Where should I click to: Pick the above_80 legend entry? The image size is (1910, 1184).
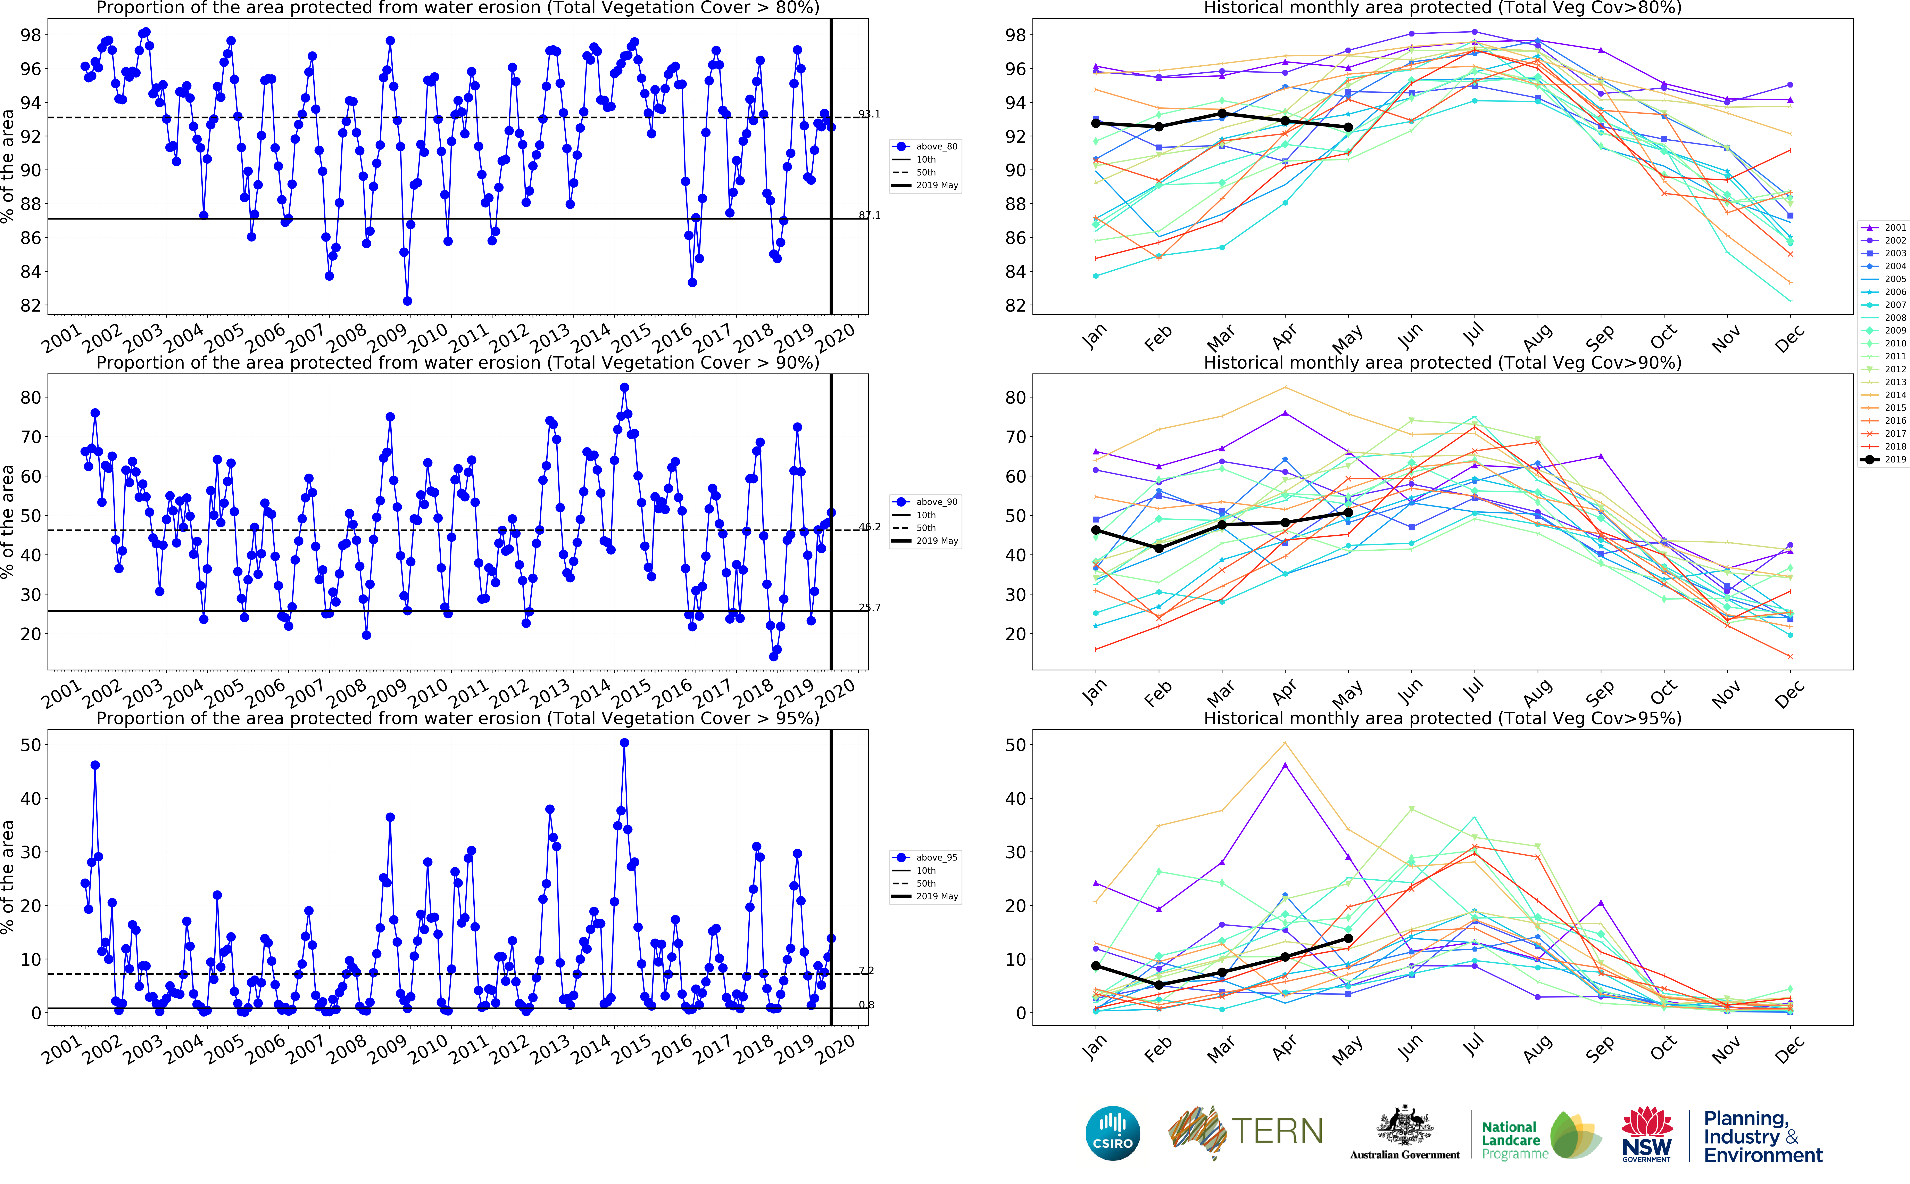coord(926,146)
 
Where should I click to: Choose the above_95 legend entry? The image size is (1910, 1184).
coord(926,857)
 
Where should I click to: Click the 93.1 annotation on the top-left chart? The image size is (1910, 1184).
coord(869,114)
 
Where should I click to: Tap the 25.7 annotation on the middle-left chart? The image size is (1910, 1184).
coord(869,608)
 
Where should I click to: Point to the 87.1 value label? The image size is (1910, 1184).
coord(869,215)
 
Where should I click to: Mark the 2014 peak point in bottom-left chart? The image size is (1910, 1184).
coord(624,743)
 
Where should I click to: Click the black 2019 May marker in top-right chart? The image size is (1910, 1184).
coord(1348,127)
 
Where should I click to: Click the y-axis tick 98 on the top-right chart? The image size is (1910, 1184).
coord(1015,35)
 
